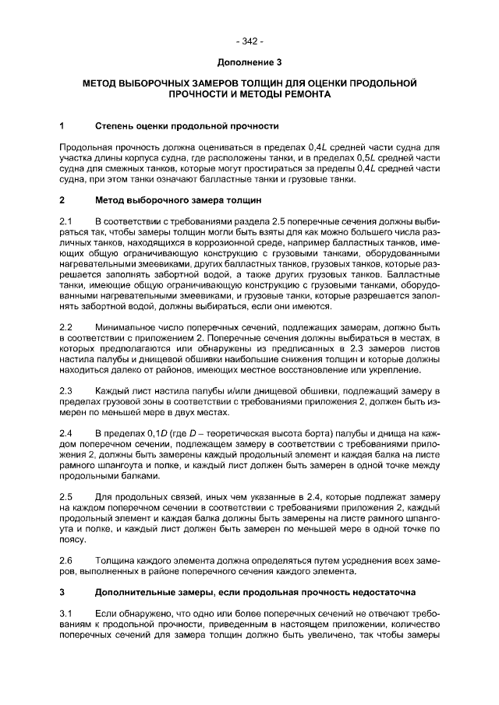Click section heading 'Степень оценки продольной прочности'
[187, 125]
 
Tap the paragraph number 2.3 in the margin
[66, 389]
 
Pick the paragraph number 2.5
[66, 495]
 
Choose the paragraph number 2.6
[66, 559]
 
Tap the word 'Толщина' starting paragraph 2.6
[115, 559]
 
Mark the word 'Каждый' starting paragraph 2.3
[113, 389]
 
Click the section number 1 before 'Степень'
[62, 125]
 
